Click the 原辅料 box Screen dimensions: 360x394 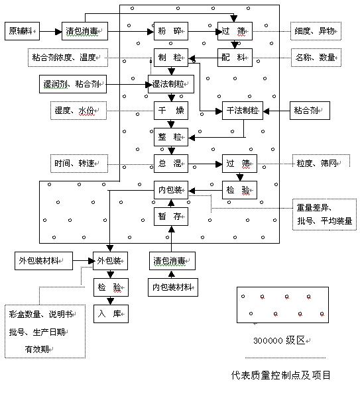click(x=22, y=31)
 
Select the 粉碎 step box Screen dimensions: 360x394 click(x=171, y=31)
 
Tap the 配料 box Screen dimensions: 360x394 click(x=235, y=58)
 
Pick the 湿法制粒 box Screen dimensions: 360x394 click(x=171, y=84)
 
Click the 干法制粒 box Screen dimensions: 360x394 click(x=243, y=111)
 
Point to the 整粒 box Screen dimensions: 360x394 click(x=171, y=137)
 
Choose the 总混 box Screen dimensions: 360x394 click(x=171, y=164)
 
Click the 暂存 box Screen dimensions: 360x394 click(x=171, y=217)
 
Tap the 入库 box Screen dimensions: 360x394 click(x=111, y=314)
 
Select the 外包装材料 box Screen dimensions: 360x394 click(x=44, y=261)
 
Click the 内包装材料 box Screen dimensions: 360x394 click(x=173, y=287)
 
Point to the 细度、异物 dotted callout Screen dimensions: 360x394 click(x=316, y=31)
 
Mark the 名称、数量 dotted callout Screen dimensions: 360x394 click(x=316, y=58)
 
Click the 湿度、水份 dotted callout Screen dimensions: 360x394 click(x=78, y=111)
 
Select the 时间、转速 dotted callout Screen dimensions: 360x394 click(x=79, y=164)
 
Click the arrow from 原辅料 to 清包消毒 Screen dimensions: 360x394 click(x=50, y=31)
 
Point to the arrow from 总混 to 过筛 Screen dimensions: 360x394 click(x=205, y=164)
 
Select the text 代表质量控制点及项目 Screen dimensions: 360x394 click(x=280, y=375)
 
